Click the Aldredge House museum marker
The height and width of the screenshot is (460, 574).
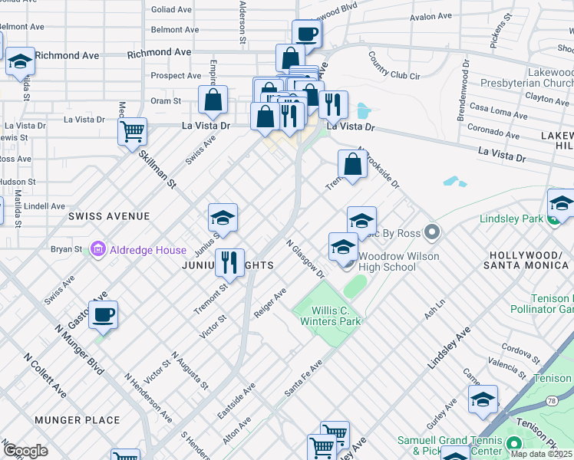97,250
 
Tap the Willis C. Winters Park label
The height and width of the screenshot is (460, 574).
335,317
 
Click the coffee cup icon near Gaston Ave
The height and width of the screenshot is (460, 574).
103,314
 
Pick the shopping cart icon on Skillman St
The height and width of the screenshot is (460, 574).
132,131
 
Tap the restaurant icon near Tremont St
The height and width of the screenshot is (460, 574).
229,262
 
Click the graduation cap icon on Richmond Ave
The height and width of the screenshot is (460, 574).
20,61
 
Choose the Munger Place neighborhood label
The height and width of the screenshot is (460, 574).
77,420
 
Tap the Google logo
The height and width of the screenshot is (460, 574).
25,451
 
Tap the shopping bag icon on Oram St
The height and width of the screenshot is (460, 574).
213,99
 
